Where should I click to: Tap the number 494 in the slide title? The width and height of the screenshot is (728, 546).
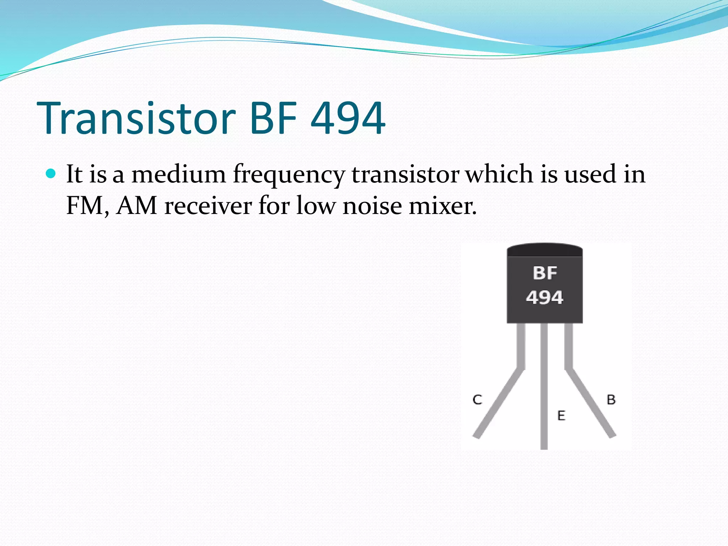[348, 118]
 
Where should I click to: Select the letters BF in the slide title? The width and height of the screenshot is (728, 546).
[273, 118]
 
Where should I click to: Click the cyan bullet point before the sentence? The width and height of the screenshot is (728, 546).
[51, 173]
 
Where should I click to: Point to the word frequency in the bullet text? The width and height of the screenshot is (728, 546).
[289, 175]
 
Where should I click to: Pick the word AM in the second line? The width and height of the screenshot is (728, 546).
[136, 205]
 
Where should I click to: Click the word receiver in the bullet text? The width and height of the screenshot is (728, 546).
[208, 205]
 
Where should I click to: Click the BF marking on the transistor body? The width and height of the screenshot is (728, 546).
[545, 273]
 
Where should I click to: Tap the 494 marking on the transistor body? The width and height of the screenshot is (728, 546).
[545, 297]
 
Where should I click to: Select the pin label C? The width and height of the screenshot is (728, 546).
[477, 400]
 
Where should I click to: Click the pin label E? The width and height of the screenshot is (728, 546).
[561, 416]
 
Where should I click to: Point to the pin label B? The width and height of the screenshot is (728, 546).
[611, 400]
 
